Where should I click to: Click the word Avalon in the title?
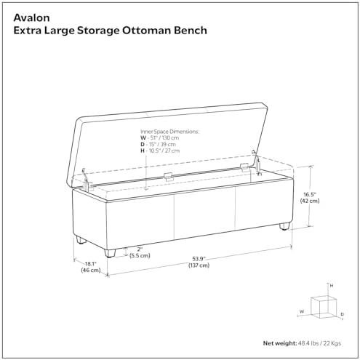[31, 17]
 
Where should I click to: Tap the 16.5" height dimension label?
[310, 194]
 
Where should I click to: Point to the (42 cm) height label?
[310, 201]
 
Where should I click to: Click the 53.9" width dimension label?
[199, 259]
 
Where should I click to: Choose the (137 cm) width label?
[199, 265]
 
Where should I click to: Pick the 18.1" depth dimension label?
[91, 263]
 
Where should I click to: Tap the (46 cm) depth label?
[91, 270]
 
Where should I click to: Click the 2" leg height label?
[140, 249]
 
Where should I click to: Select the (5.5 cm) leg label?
[140, 256]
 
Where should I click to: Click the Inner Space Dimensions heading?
[169, 132]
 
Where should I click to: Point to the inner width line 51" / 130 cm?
[160, 138]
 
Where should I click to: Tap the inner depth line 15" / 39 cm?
[158, 145]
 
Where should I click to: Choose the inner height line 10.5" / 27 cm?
[160, 151]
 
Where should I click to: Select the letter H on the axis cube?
[332, 286]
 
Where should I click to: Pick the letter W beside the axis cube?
[302, 311]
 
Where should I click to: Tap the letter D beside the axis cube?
[342, 314]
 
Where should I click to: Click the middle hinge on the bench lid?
[168, 177]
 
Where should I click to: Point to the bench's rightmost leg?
[284, 226]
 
